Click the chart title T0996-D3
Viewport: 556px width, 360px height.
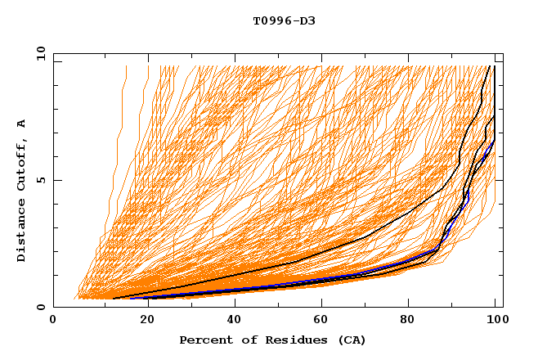[x=284, y=20]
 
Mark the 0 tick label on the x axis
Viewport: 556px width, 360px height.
[x=54, y=321]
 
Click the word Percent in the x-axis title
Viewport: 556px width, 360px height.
[x=204, y=340]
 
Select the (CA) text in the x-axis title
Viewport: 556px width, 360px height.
[x=352, y=340]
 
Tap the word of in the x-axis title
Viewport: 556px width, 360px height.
[x=242, y=340]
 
